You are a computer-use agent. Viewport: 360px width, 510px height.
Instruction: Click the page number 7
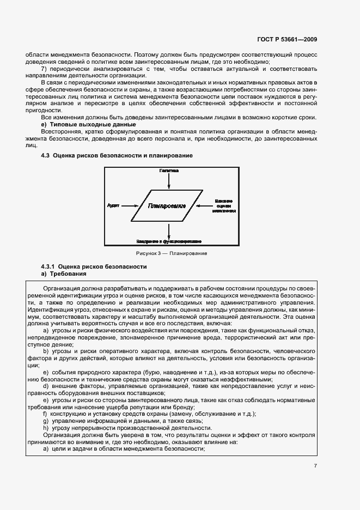315,466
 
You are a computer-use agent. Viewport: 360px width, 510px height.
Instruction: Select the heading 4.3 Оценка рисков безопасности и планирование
117,156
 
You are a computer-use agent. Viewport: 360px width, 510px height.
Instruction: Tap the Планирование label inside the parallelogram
167,206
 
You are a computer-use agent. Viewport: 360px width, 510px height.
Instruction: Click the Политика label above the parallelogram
169,171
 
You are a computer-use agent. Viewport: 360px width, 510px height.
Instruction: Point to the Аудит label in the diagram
113,205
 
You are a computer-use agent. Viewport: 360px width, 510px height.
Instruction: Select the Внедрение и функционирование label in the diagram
169,240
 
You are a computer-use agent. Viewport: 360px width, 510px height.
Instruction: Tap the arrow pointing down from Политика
169,181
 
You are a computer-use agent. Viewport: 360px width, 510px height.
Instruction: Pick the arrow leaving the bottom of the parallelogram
169,229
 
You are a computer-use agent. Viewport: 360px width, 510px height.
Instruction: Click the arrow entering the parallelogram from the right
206,206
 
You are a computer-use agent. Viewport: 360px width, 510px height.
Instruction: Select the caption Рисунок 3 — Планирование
172,253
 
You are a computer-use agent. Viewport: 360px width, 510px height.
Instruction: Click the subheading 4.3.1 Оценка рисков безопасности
94,266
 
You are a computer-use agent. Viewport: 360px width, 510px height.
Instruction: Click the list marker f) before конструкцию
45,414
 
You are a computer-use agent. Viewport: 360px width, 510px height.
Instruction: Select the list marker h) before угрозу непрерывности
45,428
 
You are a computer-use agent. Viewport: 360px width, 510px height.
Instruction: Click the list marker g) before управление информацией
45,421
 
